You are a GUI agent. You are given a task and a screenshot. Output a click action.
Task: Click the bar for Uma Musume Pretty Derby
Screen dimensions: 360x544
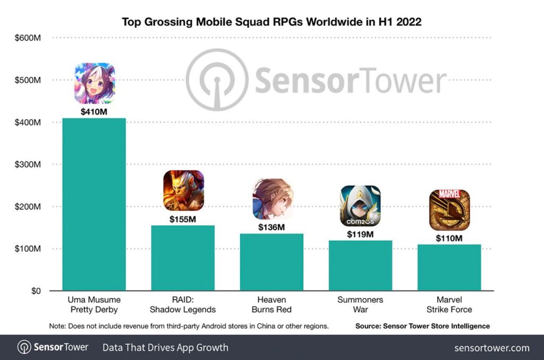(94, 204)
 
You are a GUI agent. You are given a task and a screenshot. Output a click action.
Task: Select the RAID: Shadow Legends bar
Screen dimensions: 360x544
(183, 258)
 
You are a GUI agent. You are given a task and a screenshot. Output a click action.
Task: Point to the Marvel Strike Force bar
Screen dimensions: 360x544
(449, 268)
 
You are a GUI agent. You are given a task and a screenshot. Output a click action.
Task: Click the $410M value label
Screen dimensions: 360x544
(95, 112)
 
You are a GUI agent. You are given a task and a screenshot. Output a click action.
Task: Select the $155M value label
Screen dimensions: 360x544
(183, 219)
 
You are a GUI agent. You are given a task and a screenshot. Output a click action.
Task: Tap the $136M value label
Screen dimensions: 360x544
(272, 227)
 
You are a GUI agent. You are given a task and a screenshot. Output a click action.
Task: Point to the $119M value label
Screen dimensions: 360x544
(361, 234)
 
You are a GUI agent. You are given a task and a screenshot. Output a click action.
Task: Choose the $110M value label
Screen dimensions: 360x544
(449, 238)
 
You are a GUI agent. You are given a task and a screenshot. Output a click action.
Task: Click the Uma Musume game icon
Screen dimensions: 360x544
(95, 83)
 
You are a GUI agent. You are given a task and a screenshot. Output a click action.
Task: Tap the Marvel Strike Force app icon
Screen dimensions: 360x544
(449, 210)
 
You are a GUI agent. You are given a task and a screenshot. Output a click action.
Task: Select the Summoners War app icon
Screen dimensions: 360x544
(360, 205)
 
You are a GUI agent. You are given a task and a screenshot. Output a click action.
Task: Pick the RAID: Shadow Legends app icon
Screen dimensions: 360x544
(183, 190)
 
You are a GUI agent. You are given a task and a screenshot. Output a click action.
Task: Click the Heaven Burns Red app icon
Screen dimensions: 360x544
(272, 199)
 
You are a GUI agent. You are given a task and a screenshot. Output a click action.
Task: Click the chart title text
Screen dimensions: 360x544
(271, 22)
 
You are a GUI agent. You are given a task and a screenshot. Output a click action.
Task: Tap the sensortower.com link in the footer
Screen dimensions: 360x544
(491, 348)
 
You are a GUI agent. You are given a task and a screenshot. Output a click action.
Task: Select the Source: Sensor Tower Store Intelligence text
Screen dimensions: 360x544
(422, 326)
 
